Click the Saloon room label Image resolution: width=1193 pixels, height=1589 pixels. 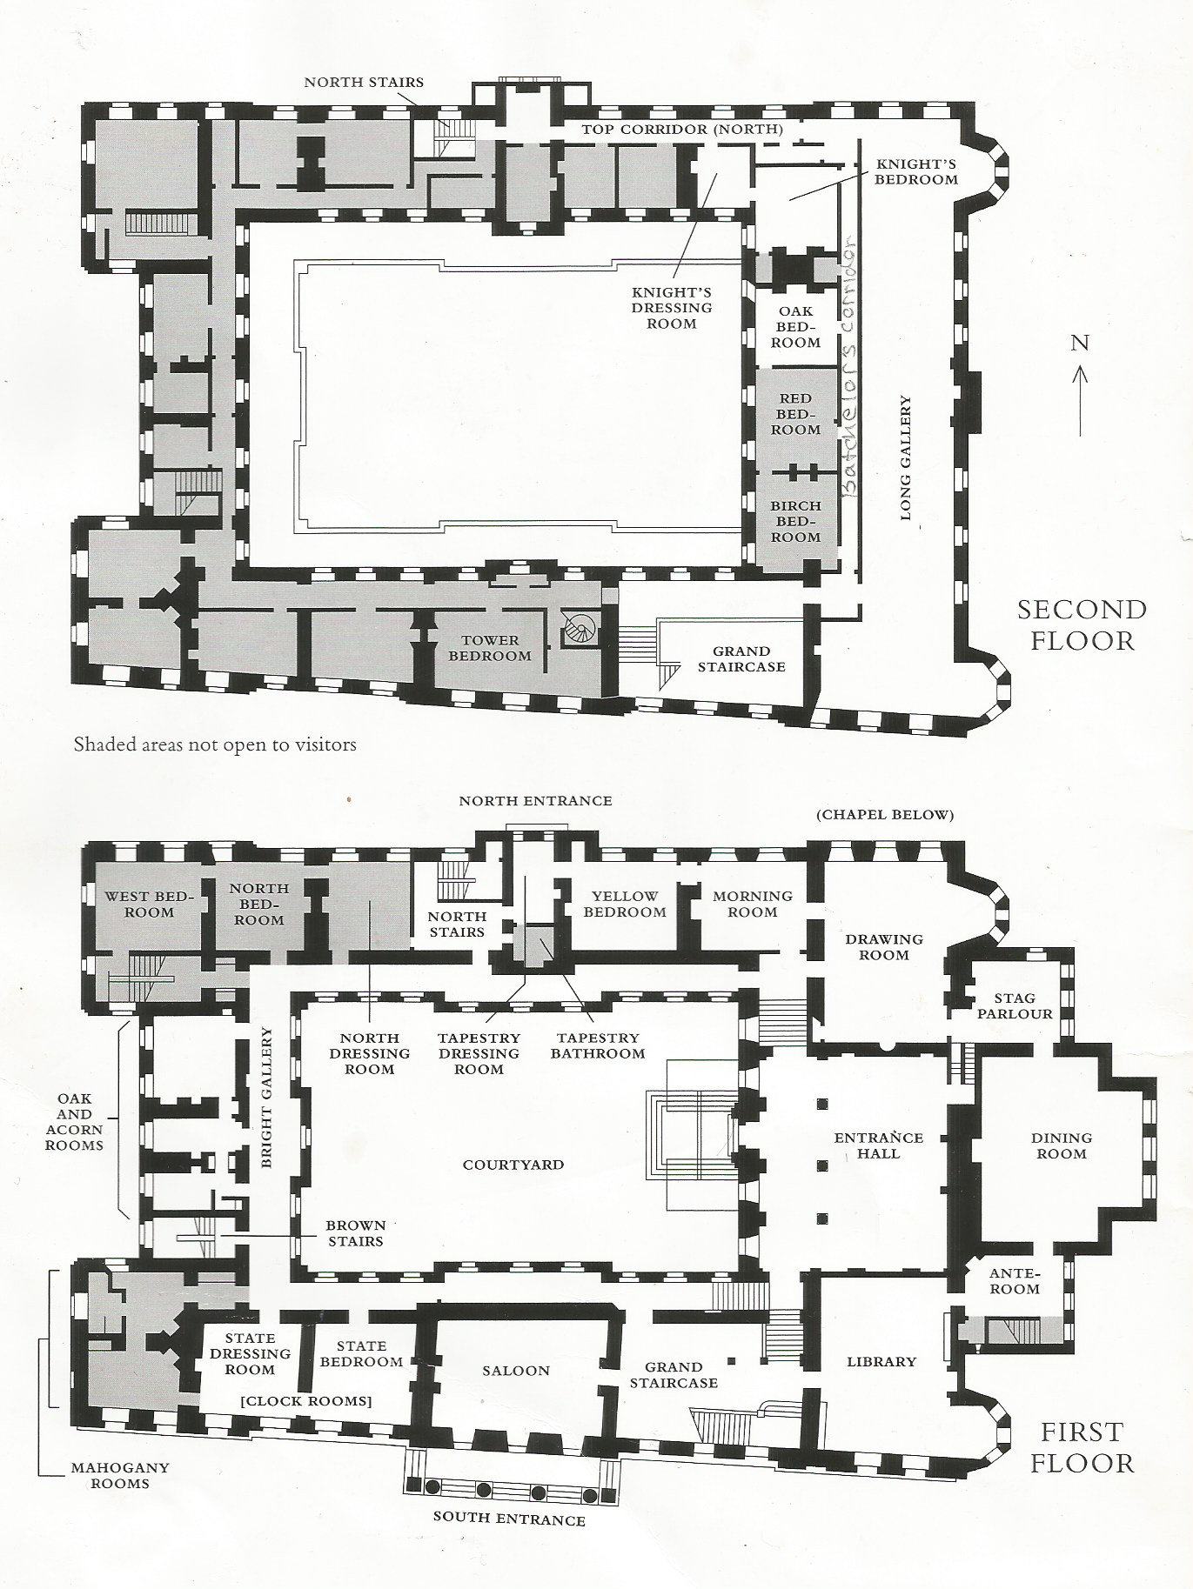516,1371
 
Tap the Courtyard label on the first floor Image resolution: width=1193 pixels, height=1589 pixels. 513,1165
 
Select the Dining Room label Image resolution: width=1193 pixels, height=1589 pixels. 1062,1145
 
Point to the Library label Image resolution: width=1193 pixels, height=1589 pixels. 881,1361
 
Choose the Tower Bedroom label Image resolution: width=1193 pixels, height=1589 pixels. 490,648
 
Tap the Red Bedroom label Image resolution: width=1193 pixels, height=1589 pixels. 796,414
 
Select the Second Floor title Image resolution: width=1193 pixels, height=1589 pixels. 1082,624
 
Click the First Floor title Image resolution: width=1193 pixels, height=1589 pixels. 1082,1446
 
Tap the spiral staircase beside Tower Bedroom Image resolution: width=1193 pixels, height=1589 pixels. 577,629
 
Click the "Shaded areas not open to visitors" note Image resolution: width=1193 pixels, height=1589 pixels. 215,744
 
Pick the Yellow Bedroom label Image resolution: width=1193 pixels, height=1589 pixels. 625,904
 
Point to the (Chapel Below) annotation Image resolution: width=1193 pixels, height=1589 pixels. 885,815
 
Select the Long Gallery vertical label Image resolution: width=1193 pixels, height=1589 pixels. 906,458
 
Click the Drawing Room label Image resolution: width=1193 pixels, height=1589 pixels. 884,946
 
